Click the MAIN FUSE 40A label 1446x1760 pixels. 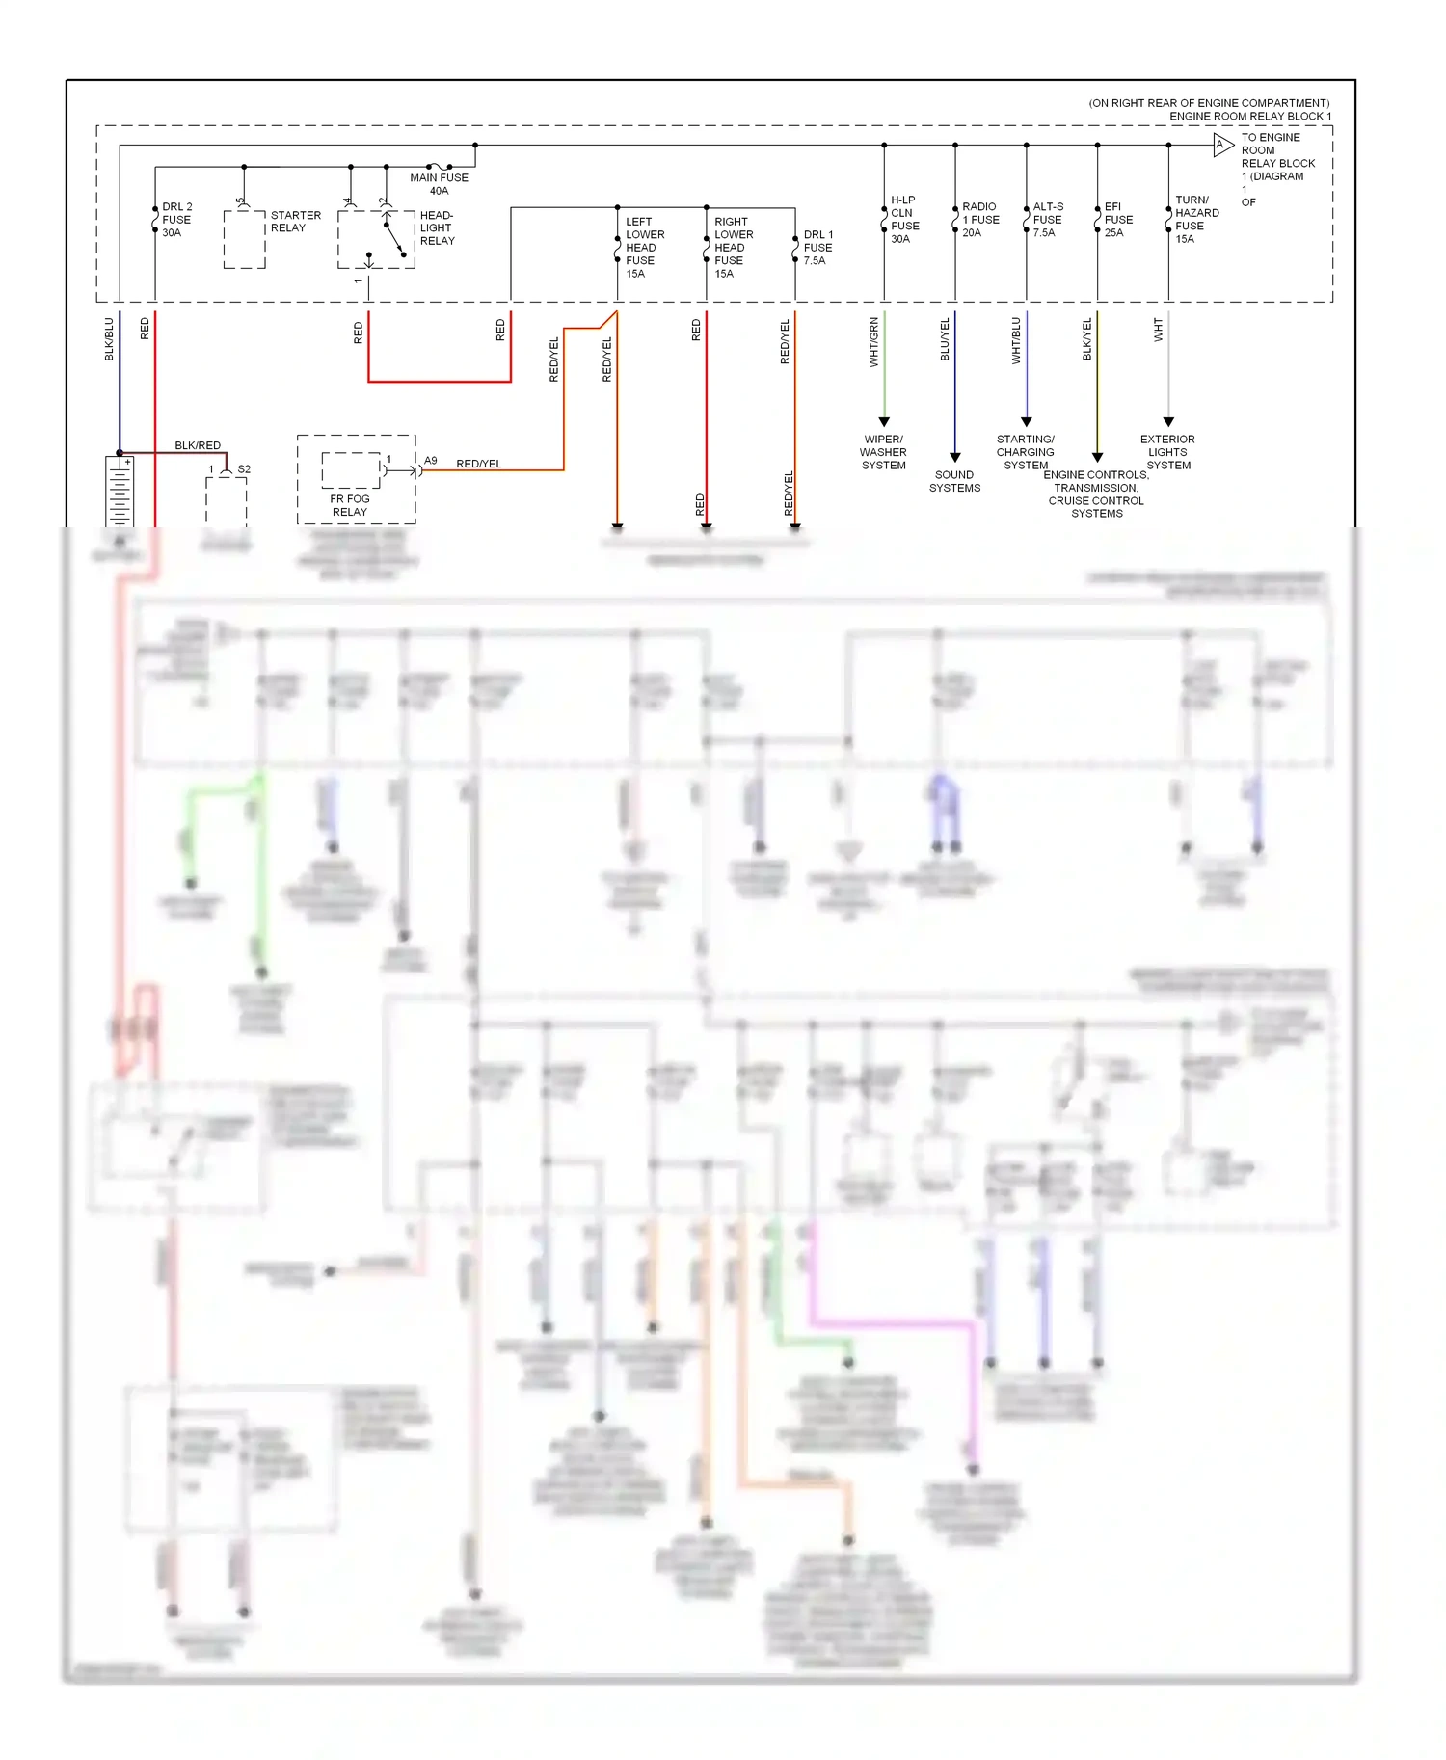[439, 184]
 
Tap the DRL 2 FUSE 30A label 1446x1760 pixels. [176, 220]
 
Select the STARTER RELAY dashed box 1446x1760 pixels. [245, 239]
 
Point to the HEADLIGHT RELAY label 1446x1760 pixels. [437, 228]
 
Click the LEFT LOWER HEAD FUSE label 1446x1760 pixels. [644, 248]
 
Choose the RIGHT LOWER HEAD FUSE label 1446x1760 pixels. [733, 248]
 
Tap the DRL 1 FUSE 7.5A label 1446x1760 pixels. [817, 248]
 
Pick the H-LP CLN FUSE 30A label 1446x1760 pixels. [904, 220]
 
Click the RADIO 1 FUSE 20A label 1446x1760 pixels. [979, 220]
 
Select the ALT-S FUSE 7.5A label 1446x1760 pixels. [1048, 220]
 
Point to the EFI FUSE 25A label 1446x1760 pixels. [1117, 220]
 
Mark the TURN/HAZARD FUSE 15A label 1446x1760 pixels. [1196, 220]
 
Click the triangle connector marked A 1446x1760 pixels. [1222, 146]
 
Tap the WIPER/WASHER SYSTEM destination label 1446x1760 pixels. [883, 452]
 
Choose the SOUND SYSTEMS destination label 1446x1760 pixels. [954, 481]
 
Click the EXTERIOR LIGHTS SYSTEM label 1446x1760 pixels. [1167, 452]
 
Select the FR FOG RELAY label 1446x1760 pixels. [350, 505]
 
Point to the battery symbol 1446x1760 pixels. [120, 492]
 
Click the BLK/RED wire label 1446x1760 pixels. [198, 445]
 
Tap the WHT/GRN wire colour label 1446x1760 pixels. [874, 342]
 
